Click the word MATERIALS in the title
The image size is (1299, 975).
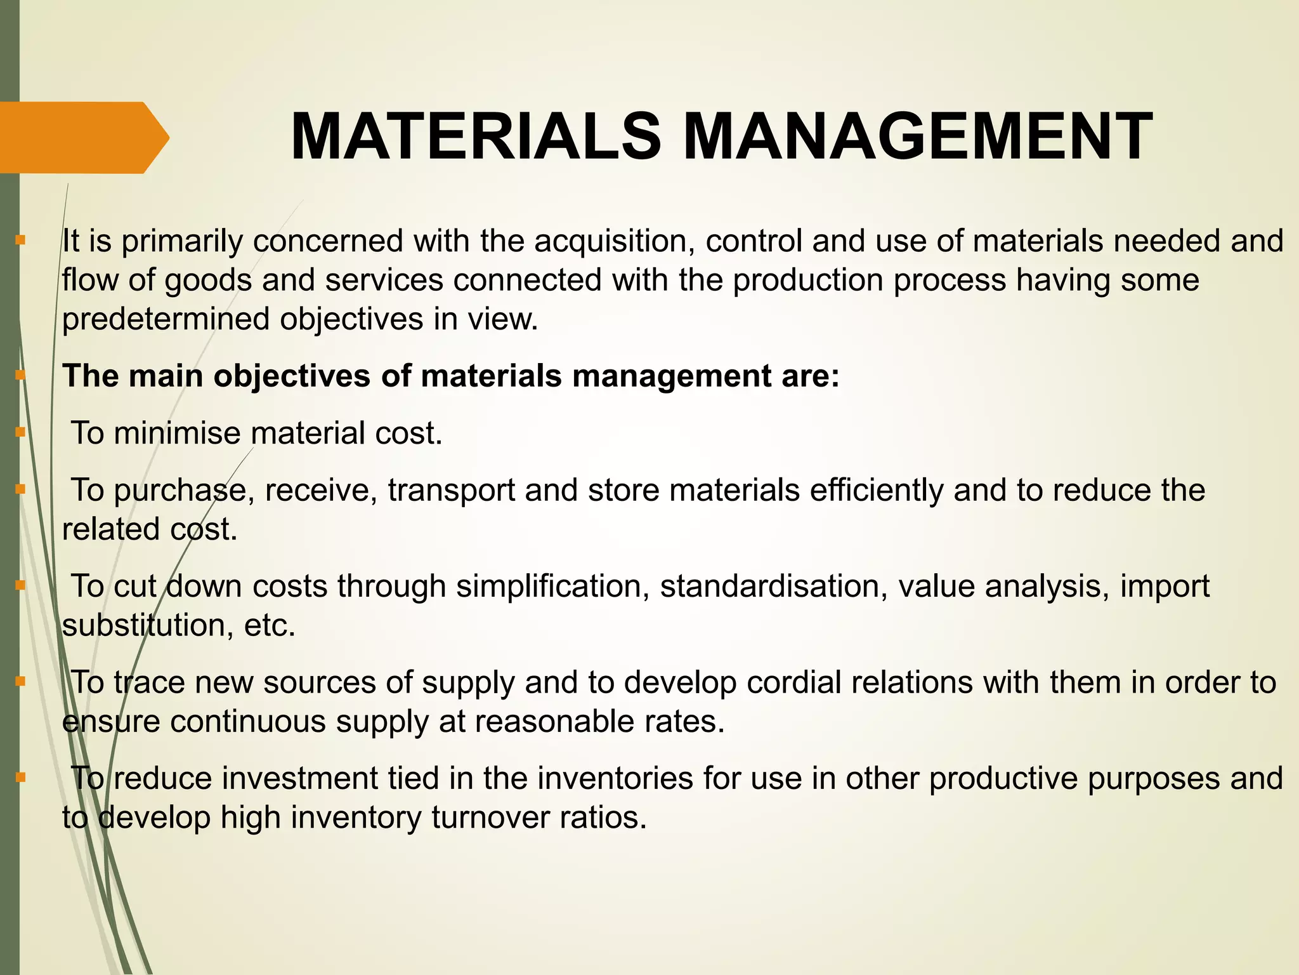point(476,137)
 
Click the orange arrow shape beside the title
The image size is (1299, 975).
point(82,138)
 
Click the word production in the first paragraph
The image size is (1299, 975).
point(808,281)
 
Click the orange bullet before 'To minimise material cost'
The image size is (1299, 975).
point(21,433)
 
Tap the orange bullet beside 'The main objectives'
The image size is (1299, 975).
point(21,376)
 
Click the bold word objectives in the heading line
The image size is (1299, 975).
point(292,376)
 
